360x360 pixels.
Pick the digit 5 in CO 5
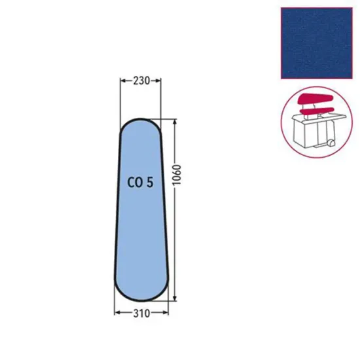point(151,183)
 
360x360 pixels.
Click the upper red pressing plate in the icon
point(313,100)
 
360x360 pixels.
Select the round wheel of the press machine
point(332,143)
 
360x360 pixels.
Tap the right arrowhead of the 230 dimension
point(159,81)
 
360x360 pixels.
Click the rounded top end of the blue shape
point(140,126)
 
